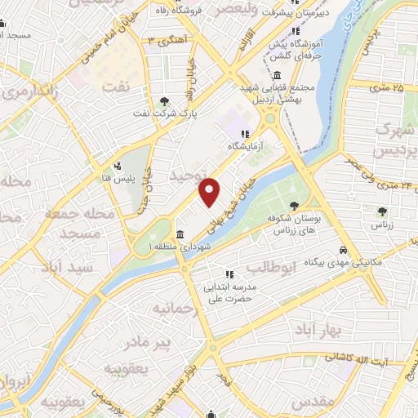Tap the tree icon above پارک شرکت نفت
pyautogui.click(x=166, y=101)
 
